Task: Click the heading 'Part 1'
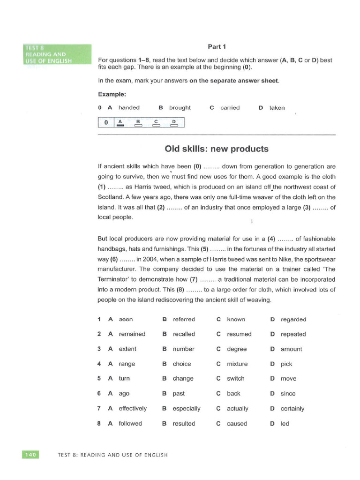217,46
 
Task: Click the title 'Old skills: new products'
217,149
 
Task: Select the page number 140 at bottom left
30,454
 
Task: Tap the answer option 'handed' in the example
129,107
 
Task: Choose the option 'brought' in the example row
180,107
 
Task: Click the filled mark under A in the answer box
120,125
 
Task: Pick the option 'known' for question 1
236,319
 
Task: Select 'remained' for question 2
132,334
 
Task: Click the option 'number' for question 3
183,349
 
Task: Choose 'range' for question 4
127,364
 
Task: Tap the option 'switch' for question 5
235,379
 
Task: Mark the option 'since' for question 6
288,394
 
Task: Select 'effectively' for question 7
133,408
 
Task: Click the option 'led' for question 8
285,423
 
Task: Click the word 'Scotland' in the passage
109,197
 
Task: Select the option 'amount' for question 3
292,349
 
